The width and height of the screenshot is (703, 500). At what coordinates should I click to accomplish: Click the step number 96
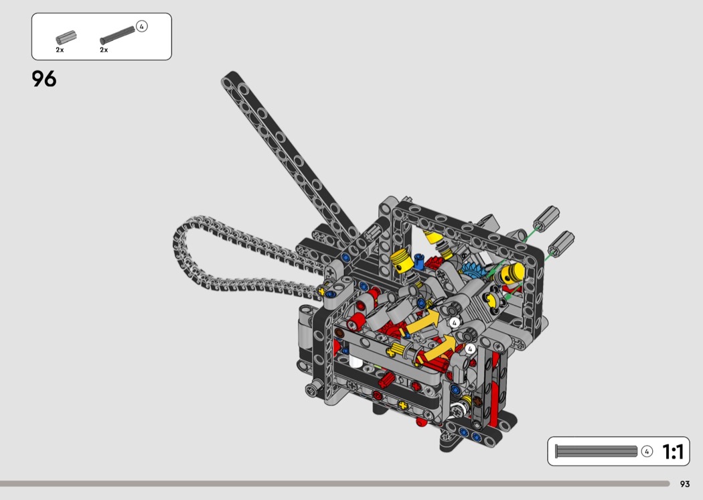click(x=44, y=78)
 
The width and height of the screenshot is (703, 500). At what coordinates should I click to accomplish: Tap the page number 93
click(x=685, y=484)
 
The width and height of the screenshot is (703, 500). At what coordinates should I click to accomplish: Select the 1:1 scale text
click(x=672, y=452)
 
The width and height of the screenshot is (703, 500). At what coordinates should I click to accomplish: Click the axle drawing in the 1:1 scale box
click(x=596, y=451)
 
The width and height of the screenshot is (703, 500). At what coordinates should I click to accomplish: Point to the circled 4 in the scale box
click(x=647, y=452)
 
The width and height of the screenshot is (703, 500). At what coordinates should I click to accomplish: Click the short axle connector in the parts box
click(x=66, y=38)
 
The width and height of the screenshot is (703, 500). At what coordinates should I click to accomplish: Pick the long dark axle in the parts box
click(x=117, y=35)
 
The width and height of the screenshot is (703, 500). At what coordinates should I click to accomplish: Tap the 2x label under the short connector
click(x=60, y=50)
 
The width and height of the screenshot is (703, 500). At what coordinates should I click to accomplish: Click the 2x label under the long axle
click(x=104, y=50)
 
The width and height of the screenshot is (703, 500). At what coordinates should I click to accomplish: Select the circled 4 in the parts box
click(x=142, y=27)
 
